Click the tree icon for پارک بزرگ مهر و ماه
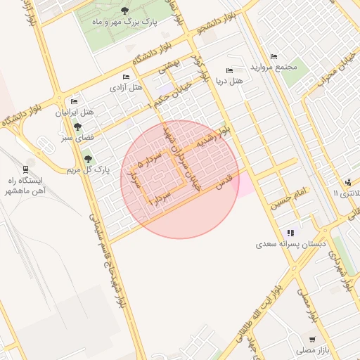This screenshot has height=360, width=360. (124, 11)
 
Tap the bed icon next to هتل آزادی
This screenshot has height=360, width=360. (126, 77)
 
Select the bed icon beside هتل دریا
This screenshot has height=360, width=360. (229, 70)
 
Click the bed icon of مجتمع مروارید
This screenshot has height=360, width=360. (274, 56)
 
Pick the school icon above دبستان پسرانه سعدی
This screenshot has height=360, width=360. (290, 233)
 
